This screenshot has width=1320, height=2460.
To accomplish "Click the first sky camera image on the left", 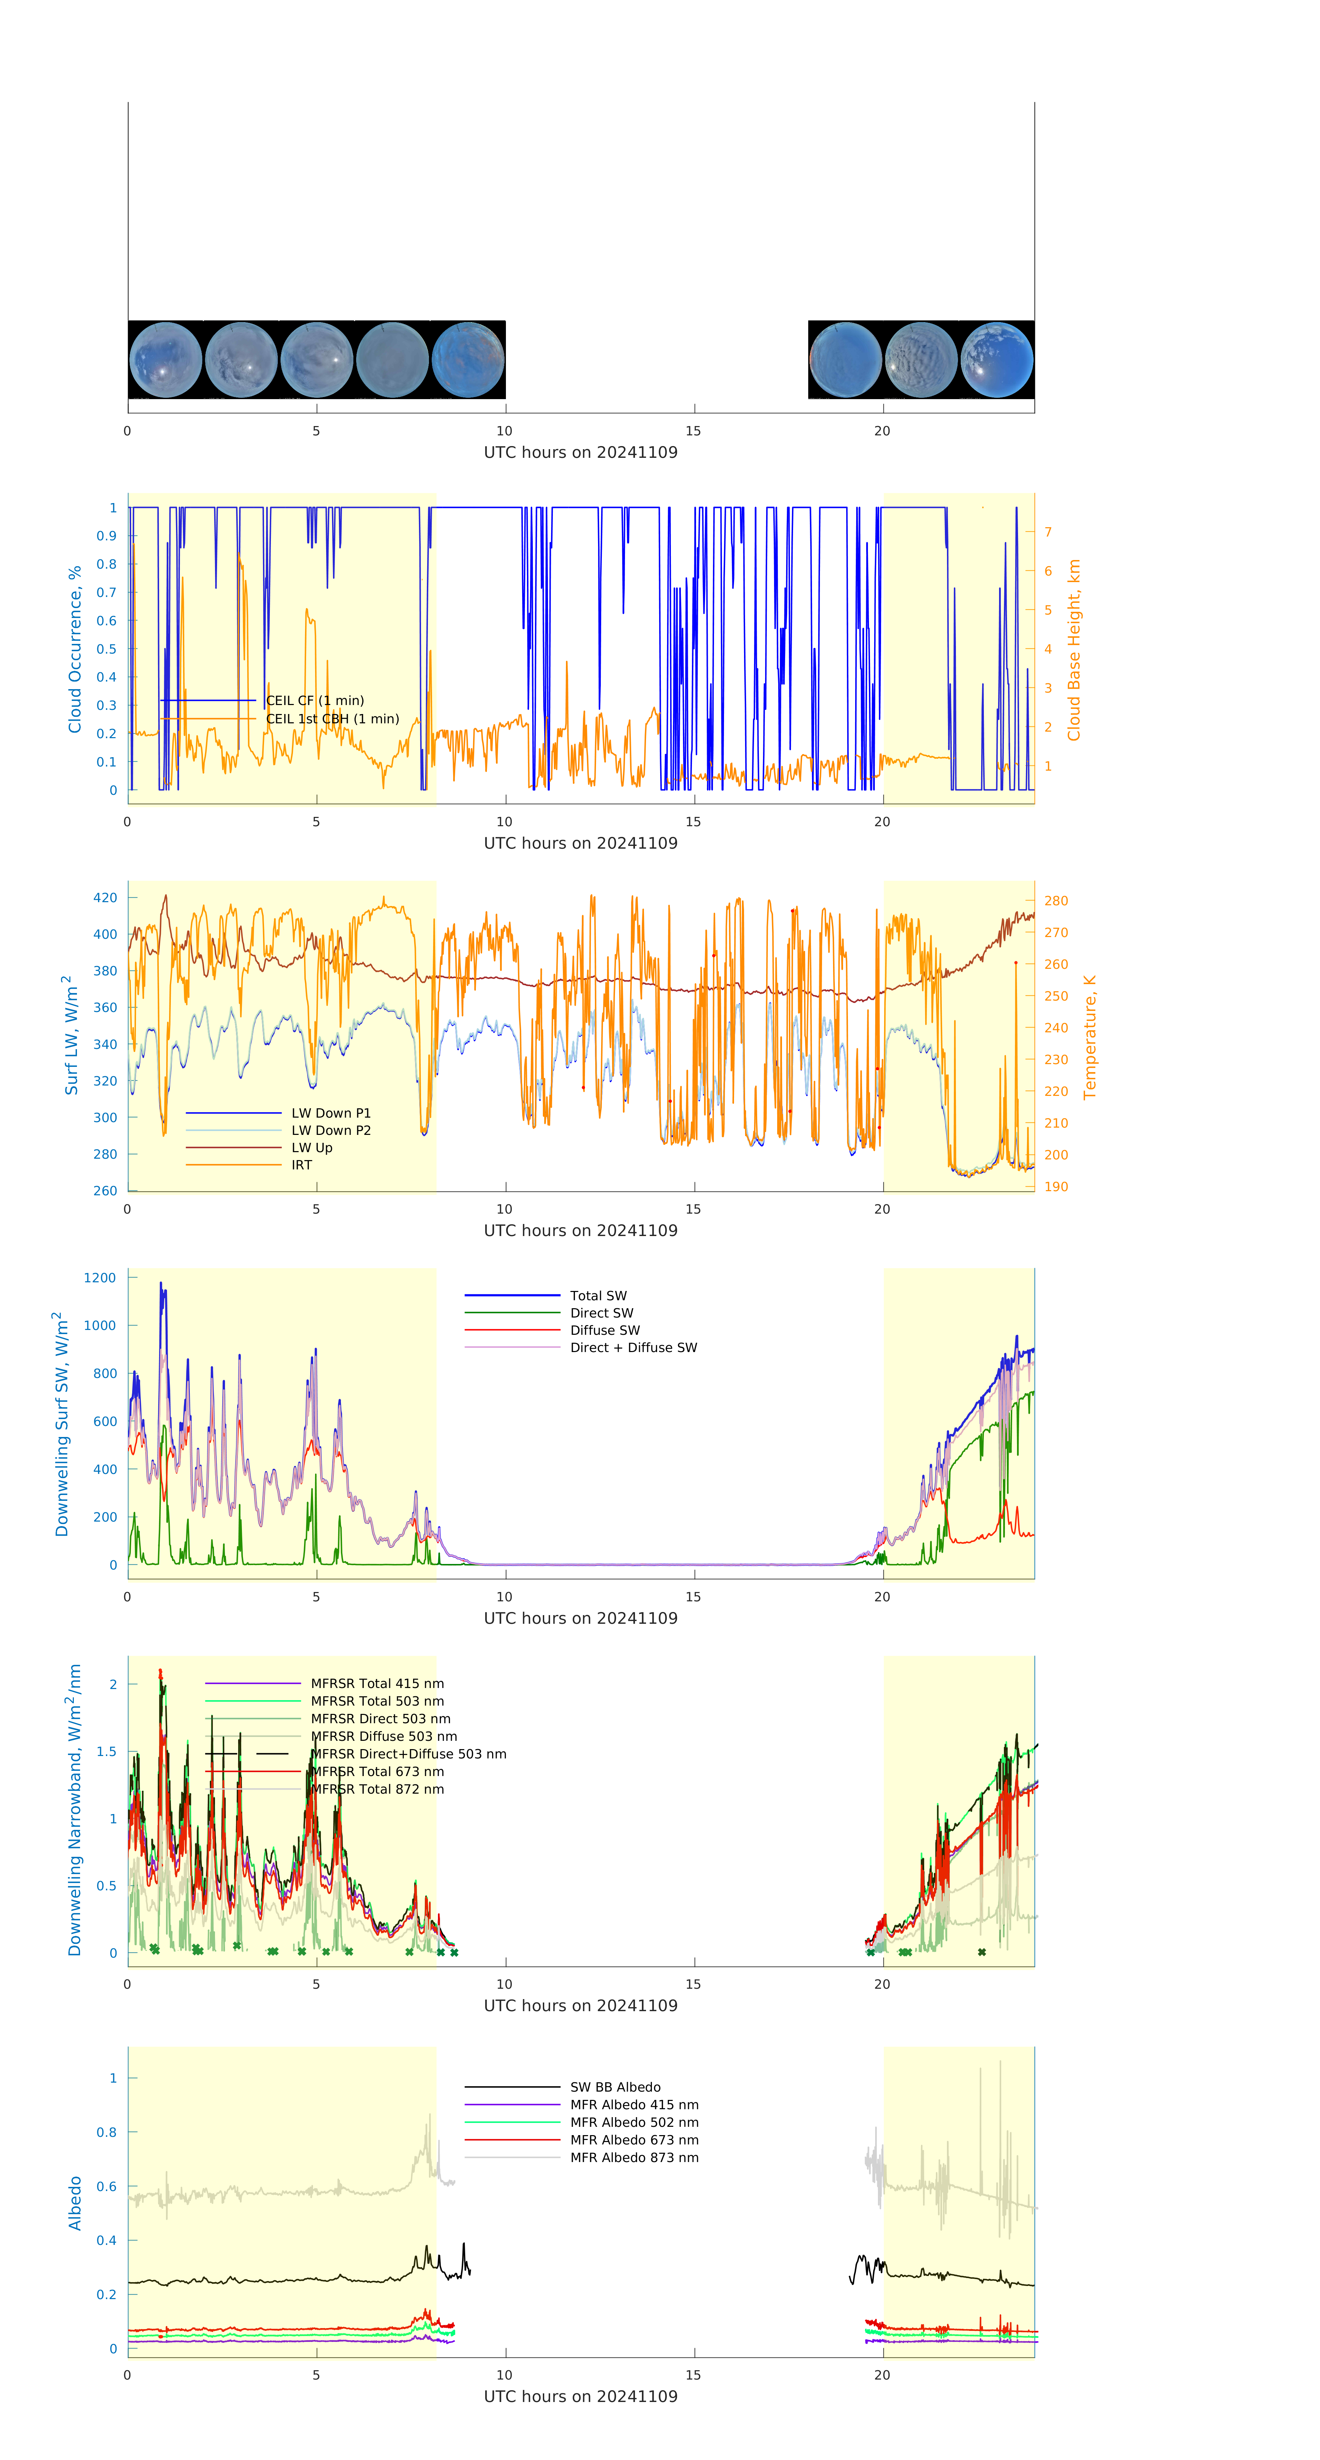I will pos(165,360).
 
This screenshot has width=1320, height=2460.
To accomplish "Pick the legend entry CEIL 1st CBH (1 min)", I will pos(331,719).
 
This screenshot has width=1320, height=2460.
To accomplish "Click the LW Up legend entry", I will pos(311,1148).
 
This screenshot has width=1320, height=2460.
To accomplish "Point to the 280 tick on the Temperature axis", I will pos(1056,900).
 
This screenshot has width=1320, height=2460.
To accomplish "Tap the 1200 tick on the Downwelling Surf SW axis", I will pos(100,1278).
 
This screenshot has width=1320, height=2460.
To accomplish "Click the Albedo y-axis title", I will pos(75,2203).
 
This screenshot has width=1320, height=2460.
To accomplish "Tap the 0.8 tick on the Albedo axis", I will pos(107,2132).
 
